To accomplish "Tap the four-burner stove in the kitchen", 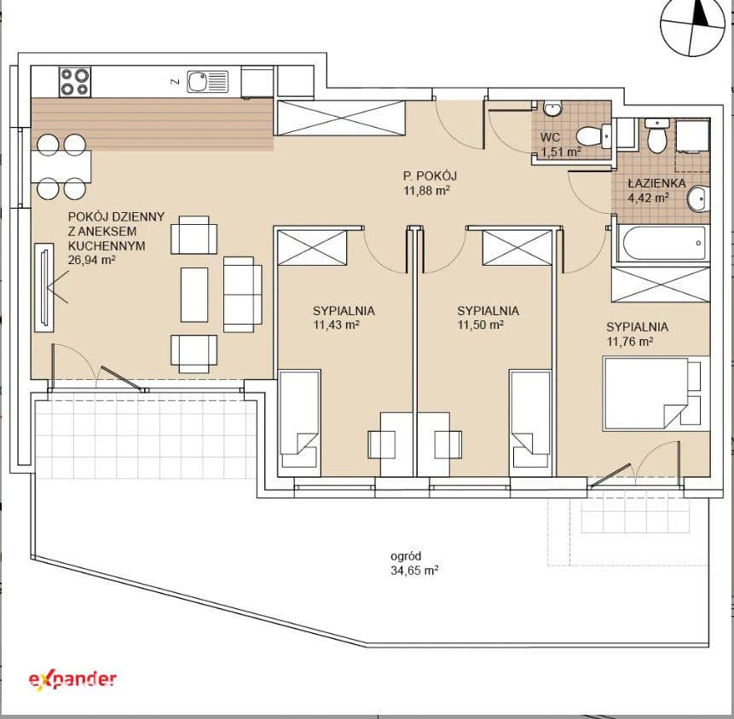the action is [75, 82].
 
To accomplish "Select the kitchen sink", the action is [208, 82].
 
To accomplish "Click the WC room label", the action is [550, 137].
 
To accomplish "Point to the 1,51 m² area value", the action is [561, 152].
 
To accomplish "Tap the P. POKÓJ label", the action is [430, 175].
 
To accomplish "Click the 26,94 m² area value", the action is [92, 260].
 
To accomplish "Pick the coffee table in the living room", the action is [194, 295].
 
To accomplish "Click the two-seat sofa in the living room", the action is [242, 294].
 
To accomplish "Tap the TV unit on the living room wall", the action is [44, 287].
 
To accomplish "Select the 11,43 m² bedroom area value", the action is [336, 325].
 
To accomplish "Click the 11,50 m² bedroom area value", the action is [480, 325].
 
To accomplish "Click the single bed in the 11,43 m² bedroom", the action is [299, 418].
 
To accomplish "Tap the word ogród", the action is [406, 556].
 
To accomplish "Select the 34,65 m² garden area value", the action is [414, 571].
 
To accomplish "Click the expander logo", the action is [72, 679].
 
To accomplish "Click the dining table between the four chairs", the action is [61, 166].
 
